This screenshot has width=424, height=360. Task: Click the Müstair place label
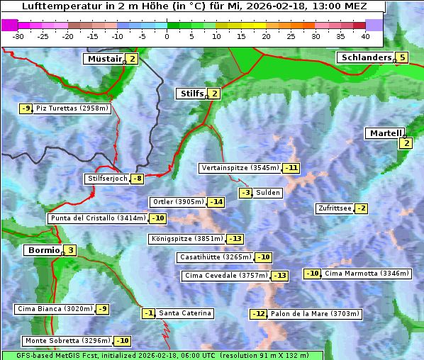[104, 59]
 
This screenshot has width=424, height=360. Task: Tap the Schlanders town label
[365, 57]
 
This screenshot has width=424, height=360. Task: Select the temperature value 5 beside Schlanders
[402, 58]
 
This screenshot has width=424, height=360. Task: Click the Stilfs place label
[190, 93]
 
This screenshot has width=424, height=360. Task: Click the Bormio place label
[42, 250]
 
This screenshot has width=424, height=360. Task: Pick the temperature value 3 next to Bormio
[69, 250]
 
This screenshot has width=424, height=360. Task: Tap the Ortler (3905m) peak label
[178, 202]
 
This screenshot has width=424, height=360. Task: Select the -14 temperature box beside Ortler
[216, 202]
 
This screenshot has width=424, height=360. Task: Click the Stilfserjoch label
[107, 179]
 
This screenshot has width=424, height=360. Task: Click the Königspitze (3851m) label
[186, 239]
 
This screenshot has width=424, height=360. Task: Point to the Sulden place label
[268, 193]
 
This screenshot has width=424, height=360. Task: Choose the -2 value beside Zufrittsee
[361, 208]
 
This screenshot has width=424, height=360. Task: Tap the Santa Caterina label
[184, 313]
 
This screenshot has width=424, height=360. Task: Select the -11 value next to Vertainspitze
[291, 168]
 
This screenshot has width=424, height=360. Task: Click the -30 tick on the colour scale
[18, 36]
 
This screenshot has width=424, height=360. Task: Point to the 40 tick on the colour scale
[365, 36]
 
